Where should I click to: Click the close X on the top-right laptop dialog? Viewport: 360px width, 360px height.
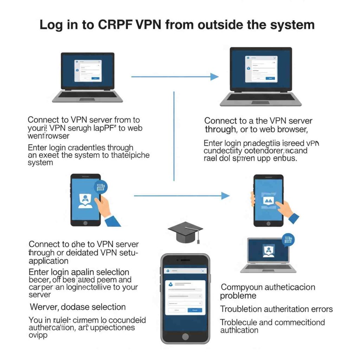275,58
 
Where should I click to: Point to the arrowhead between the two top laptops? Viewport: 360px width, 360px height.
214,76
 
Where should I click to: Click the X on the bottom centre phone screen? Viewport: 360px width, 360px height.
202,271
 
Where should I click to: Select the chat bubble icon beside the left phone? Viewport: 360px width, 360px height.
101,187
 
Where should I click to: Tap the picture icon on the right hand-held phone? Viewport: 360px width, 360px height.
268,201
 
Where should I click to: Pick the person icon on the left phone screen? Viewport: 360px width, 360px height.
85,200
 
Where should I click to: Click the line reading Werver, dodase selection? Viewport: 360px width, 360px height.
78,307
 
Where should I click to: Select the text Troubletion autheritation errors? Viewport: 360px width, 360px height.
276,309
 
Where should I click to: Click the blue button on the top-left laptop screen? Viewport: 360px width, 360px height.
95,78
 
